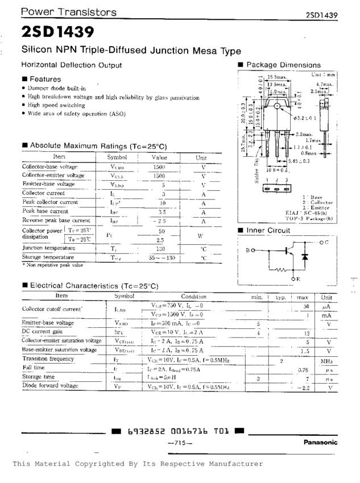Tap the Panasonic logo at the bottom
(320, 442)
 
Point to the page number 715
(181, 442)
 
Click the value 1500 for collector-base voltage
(159, 168)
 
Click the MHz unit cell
(326, 361)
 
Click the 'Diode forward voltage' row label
(50, 386)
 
